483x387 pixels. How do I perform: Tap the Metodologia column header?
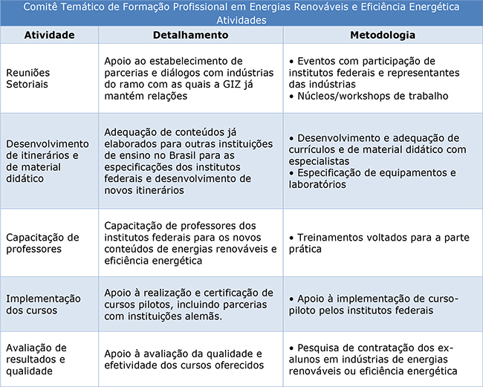tap(382, 35)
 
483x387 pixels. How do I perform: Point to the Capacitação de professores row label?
tap(42, 243)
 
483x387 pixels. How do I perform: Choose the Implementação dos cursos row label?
tap(43, 304)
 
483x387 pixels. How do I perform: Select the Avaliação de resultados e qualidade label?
tap(37, 359)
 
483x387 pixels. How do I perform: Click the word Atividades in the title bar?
tap(241, 20)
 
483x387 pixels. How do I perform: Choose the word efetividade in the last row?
tap(132, 365)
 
